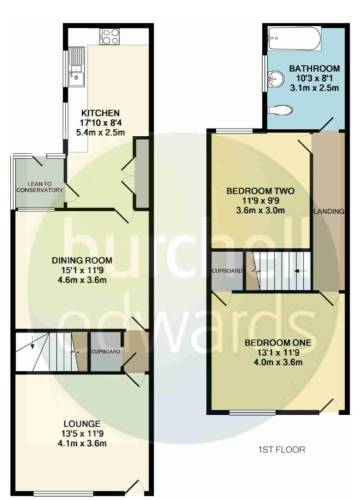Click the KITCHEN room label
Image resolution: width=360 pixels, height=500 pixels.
(x=100, y=113)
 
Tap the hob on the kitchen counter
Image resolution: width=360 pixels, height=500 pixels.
(x=110, y=36)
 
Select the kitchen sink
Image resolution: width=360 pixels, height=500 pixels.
(x=77, y=67)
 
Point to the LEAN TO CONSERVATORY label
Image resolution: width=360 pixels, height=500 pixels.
(x=40, y=187)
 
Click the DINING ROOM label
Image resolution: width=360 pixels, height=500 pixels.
(x=82, y=260)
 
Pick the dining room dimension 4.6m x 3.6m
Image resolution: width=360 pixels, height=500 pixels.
(x=82, y=280)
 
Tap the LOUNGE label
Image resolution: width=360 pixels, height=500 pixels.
(x=82, y=424)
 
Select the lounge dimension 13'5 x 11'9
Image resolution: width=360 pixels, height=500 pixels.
(x=83, y=434)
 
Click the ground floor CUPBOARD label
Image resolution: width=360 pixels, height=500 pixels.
(x=106, y=352)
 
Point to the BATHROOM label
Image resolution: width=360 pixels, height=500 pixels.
(x=314, y=68)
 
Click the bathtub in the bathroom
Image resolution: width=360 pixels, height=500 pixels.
(x=295, y=38)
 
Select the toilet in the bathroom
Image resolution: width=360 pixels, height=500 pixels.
(x=281, y=110)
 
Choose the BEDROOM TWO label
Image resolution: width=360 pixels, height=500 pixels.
(x=260, y=191)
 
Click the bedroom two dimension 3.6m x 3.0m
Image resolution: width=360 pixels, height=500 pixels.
(x=260, y=211)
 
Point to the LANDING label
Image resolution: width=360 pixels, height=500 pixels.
(x=329, y=211)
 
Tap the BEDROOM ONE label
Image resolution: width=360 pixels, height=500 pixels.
(x=278, y=343)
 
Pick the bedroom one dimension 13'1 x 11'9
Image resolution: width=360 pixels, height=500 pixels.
(x=278, y=352)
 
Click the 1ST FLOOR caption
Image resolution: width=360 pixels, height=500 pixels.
(x=282, y=450)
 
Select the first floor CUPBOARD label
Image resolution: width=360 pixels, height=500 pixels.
(x=227, y=271)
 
